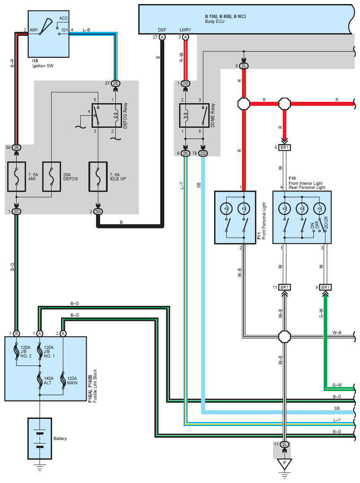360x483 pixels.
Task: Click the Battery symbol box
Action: (40, 438)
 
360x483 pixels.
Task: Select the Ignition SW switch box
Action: (48, 34)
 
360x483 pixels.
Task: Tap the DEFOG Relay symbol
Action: (107, 116)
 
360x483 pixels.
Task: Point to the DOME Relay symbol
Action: (194, 116)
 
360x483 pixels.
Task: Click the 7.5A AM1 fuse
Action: (16, 177)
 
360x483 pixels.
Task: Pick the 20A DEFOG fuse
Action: (52, 177)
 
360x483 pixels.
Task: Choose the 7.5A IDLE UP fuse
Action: (98, 177)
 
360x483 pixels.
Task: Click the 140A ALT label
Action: (48, 380)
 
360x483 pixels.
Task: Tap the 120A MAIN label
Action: (72, 380)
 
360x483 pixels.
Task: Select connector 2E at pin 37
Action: (115, 83)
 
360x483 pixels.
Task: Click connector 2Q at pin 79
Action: (203, 153)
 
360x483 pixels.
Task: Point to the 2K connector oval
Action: (185, 153)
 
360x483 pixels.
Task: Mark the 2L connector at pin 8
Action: (243, 66)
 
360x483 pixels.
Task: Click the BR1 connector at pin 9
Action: (325, 287)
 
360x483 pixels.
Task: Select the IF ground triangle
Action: (284, 464)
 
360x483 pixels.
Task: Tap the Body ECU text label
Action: (215, 22)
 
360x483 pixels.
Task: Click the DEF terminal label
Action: (162, 30)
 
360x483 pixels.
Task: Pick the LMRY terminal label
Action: (185, 30)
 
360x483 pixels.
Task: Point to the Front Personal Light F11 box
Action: (235, 218)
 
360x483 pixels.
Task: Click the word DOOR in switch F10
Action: (326, 222)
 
